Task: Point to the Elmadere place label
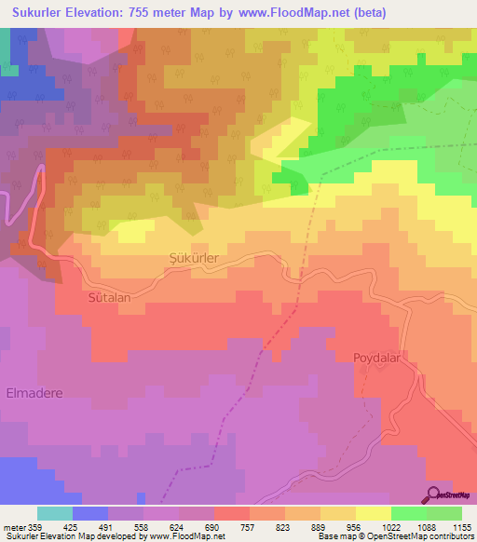(34, 393)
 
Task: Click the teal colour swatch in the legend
(55, 513)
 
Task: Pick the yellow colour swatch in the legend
(374, 513)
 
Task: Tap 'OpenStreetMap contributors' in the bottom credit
(426, 536)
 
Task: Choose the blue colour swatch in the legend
(90, 513)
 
